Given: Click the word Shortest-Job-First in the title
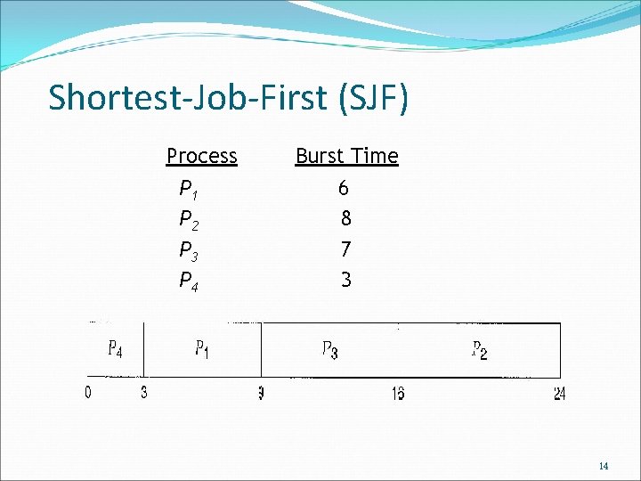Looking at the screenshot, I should point(188,98).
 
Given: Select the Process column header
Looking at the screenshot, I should point(201,156).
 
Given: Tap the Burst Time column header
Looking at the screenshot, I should point(346,156).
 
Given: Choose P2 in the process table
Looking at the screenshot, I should point(188,219).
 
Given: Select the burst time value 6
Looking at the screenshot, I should point(344,188).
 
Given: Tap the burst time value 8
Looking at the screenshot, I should point(345,218).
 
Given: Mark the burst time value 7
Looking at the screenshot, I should point(345,249).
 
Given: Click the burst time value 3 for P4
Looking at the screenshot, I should point(345,280).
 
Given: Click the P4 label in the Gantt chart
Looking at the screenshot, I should point(115,349).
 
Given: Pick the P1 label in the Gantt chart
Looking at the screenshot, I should point(202,349).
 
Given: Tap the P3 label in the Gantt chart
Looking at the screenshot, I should point(329,350).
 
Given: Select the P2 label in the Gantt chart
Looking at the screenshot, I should point(479,350).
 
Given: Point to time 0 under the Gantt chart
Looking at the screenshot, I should point(88,393).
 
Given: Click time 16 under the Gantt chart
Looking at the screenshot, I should point(398,394).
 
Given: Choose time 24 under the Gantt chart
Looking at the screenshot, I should point(559,394).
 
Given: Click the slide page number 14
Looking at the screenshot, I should point(604,466).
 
